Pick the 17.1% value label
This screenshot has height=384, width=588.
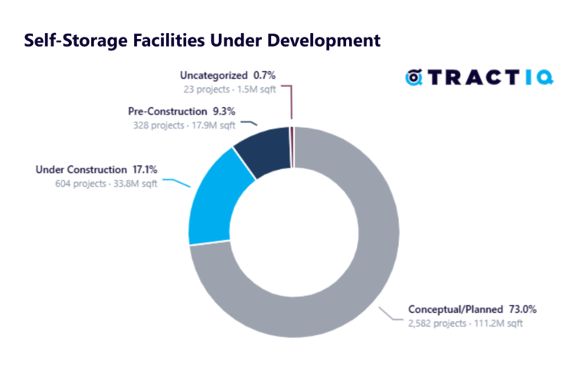pos(143,169)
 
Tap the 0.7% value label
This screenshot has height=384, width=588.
pos(263,76)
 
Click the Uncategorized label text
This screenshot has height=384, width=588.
pos(214,76)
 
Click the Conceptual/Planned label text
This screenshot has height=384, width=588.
pos(454,310)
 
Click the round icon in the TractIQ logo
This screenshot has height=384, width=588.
pos(414,76)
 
